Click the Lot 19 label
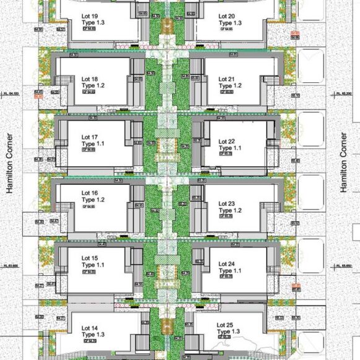[x=90, y=16]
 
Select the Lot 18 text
[x=90, y=79]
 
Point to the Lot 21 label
[x=227, y=79]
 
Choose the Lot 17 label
[x=90, y=137]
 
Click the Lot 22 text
[x=227, y=142]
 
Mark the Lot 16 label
[x=90, y=194]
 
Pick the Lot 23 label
[x=227, y=204]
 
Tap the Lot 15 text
[x=90, y=258]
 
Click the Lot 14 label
[x=90, y=328]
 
